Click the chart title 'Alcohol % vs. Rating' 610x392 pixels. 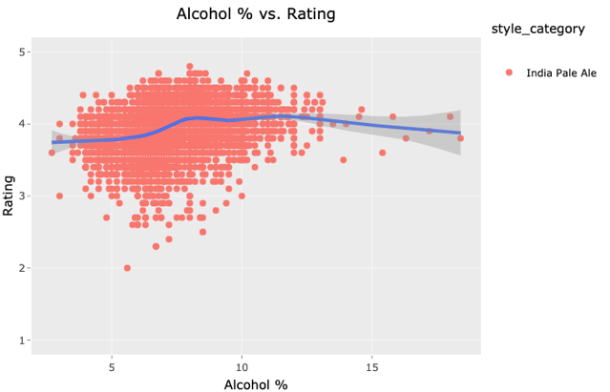(257, 14)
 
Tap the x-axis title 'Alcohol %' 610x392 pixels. (256, 384)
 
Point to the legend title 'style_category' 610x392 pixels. (536, 30)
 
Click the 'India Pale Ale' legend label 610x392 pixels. (561, 73)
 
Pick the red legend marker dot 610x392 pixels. (508, 73)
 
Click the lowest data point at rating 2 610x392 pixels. (127, 268)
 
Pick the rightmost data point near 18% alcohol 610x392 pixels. (461, 138)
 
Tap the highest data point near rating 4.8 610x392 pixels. (190, 67)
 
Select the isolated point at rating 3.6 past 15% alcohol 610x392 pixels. (383, 153)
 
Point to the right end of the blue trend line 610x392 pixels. (460, 133)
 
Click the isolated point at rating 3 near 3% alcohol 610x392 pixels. (59, 196)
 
